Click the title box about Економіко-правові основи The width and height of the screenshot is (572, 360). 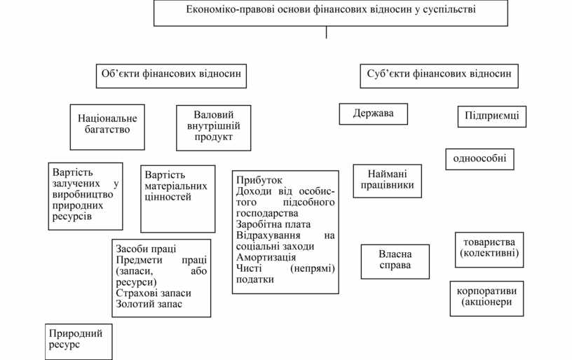(331, 12)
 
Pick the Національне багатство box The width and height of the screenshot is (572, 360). (108, 124)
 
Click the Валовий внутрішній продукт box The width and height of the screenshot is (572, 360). (214, 127)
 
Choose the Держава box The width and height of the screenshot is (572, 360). (373, 113)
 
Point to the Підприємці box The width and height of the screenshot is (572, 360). (491, 116)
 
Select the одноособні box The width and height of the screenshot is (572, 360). (479, 159)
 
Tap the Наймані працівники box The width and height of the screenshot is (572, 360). (388, 180)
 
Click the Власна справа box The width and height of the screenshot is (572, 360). (395, 260)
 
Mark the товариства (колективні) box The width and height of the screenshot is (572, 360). (489, 248)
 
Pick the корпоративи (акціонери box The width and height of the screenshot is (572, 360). (486, 297)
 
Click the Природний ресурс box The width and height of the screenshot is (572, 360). (76, 340)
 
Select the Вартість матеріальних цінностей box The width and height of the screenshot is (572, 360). (177, 198)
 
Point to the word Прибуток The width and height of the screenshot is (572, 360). (254, 180)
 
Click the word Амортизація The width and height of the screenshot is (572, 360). (266, 257)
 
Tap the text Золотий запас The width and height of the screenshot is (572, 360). (149, 305)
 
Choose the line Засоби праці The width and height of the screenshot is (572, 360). (146, 249)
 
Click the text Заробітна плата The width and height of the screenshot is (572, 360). (273, 224)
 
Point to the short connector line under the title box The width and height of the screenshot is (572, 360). (326, 32)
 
